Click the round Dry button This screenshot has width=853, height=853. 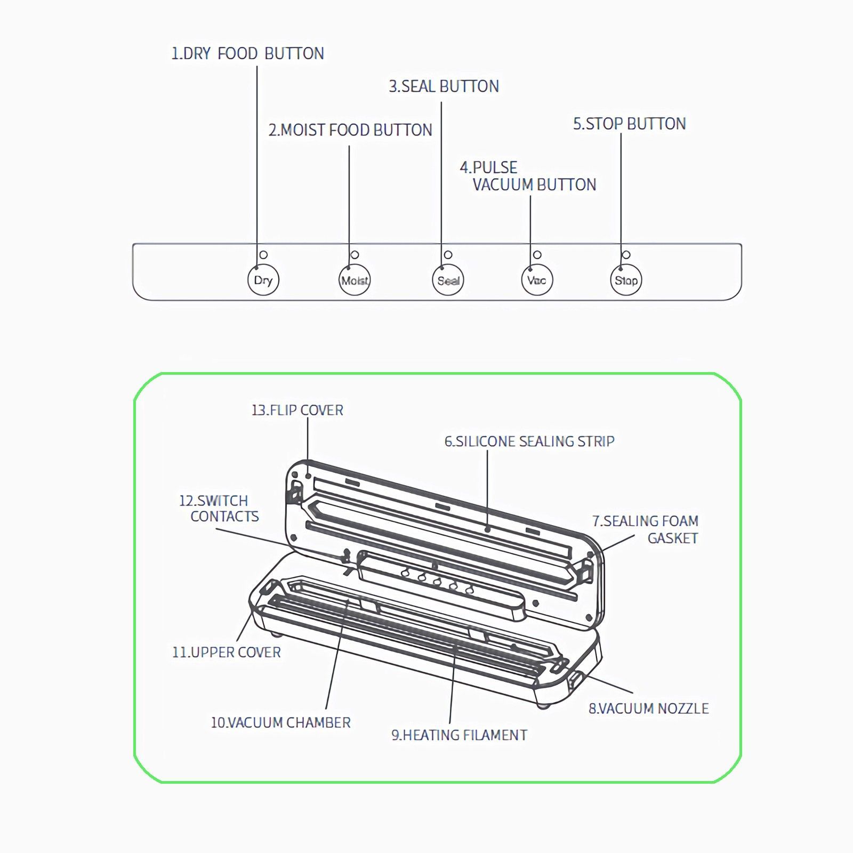point(263,280)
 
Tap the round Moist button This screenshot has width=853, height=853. point(355,280)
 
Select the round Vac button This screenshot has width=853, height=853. point(536,280)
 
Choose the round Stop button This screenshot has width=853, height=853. point(626,280)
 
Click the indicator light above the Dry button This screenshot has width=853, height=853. point(263,255)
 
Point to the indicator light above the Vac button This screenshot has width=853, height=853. point(537,255)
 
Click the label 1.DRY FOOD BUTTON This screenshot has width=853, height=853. point(247,54)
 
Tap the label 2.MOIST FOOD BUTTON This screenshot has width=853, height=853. point(350,130)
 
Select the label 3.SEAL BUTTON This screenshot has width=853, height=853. point(444,86)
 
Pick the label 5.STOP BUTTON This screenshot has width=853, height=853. point(629,124)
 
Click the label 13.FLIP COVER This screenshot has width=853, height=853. point(297,410)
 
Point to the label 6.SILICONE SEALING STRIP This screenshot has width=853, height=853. point(529,441)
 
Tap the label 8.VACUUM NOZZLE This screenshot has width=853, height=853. point(648,709)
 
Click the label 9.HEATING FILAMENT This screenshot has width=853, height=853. point(459,735)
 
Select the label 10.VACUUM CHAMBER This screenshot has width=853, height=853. point(280,722)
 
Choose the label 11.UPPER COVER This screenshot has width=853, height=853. point(226,652)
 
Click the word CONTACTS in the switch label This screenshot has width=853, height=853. point(224,516)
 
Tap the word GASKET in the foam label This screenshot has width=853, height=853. point(672,538)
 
